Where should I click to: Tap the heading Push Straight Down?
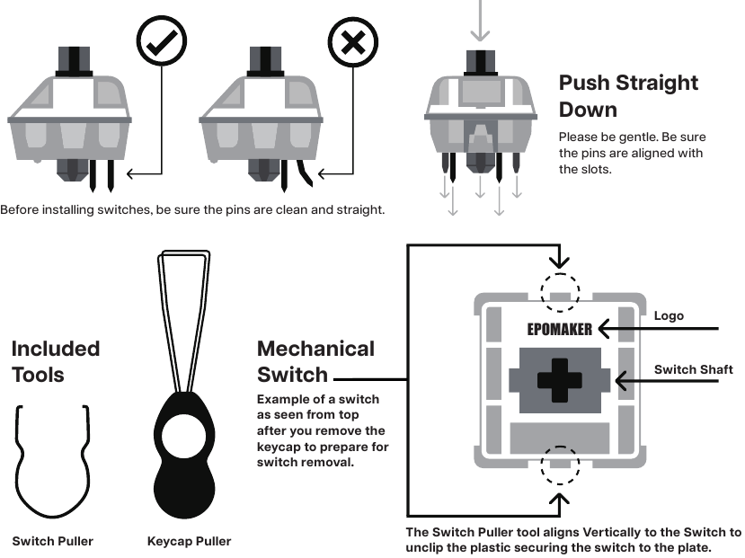point(628,96)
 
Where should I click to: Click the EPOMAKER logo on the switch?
point(559,329)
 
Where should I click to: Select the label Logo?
point(669,315)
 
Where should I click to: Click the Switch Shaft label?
point(693,369)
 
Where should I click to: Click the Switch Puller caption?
point(52,541)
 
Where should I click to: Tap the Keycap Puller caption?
point(189,541)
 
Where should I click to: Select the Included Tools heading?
point(55,360)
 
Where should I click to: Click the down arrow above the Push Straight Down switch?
point(481,22)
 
